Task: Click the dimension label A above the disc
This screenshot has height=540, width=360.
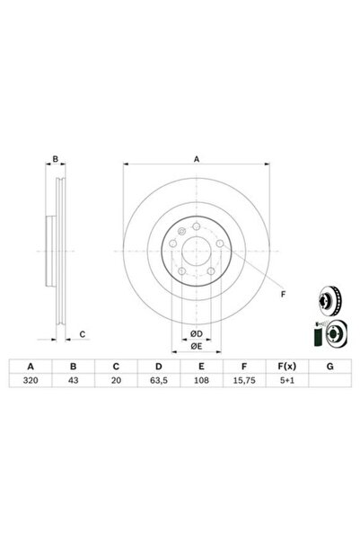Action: pos(196,160)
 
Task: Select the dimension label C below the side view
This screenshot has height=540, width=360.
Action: pos(81,334)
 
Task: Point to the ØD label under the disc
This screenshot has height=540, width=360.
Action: pos(195,334)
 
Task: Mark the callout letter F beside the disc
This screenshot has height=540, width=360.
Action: pos(283,294)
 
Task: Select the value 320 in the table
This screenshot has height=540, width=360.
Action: pos(31,380)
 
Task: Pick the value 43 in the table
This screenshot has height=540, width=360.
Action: pos(73,380)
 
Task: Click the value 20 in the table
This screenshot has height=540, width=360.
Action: pos(115,380)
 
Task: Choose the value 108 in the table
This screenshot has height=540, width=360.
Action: pos(201,380)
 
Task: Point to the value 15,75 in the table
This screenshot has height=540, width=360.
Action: pos(244,380)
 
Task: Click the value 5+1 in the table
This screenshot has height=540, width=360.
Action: pos(286,380)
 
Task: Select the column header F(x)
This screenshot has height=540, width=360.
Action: pos(286,366)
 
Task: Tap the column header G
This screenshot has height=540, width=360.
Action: pos(329,366)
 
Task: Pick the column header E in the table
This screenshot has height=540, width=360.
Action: pos(201,366)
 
